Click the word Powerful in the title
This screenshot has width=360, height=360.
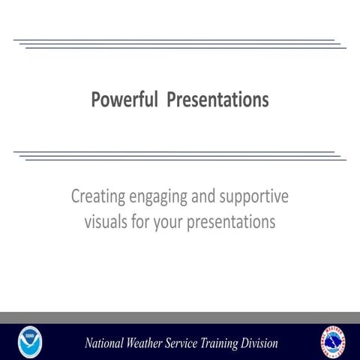tap(122, 100)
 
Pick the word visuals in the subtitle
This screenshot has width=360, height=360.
tap(109, 222)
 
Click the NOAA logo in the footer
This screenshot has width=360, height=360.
tap(30, 342)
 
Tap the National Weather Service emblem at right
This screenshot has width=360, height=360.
tap(333, 342)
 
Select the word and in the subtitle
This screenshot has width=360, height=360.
tap(202, 197)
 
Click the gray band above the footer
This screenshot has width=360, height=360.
tap(180, 317)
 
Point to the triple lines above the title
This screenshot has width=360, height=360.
tap(180, 44)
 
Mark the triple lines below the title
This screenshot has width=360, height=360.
tap(180, 155)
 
